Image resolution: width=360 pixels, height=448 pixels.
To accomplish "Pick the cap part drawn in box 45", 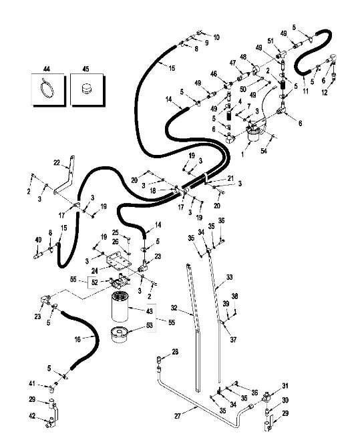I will pyautogui.click(x=86, y=89).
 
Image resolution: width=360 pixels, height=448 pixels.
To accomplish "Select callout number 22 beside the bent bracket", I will pyautogui.click(x=57, y=163).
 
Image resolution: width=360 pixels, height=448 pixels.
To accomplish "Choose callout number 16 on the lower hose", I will pyautogui.click(x=77, y=339).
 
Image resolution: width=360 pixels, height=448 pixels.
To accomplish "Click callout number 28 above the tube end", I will pyautogui.click(x=175, y=351).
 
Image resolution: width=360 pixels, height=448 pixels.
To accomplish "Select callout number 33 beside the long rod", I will pyautogui.click(x=228, y=277).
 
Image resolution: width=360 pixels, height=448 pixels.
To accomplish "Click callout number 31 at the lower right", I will pyautogui.click(x=285, y=387).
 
